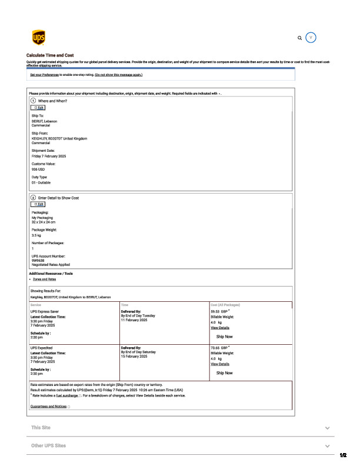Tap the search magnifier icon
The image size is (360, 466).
299,38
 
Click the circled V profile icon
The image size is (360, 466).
312,37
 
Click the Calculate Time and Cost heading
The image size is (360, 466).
50,55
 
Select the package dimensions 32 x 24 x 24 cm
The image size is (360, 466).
44,222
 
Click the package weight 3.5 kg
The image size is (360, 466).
36,235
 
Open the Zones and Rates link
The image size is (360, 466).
45,279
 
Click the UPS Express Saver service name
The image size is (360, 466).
45,311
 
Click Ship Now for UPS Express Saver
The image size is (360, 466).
225,337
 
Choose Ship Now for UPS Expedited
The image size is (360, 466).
225,373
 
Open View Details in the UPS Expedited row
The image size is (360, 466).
220,364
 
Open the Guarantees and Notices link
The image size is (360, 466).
49,407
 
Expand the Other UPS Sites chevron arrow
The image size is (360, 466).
327,447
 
